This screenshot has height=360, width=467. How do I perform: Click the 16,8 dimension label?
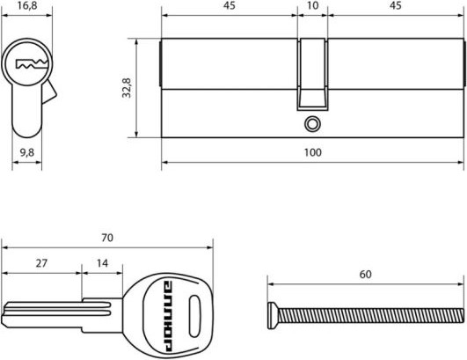pos(27,5)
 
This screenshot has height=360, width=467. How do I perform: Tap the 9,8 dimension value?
pos(27,153)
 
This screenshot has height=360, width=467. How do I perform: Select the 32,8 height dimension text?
pos(127,88)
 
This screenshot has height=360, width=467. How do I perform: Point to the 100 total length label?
pos(313,152)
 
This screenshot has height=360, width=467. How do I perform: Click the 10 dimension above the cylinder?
pos(313,5)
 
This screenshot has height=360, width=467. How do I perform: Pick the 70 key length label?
pos(107,238)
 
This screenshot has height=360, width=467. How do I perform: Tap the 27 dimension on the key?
pos(41,263)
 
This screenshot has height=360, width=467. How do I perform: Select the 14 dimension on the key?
pos(102,263)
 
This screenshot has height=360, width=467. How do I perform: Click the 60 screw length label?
pos(366,275)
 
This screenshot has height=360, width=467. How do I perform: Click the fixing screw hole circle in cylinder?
pos(313,124)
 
